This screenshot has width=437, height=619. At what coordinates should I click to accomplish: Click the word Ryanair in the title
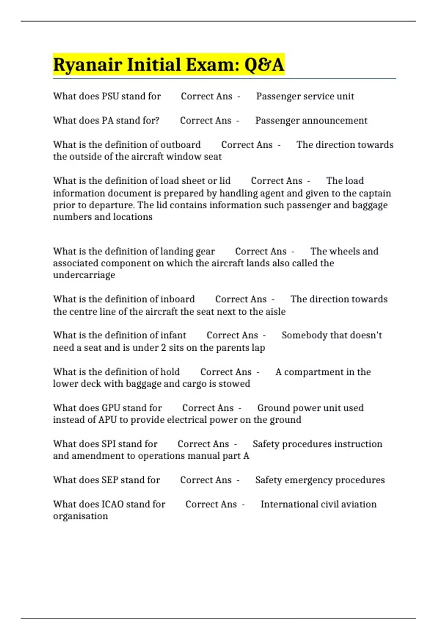tap(87, 65)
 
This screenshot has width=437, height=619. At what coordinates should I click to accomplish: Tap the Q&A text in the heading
tap(264, 65)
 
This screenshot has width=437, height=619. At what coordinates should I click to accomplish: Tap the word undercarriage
tap(84, 275)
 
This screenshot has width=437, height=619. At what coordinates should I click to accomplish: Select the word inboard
tap(178, 299)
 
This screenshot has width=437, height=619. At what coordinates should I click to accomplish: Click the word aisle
tap(275, 311)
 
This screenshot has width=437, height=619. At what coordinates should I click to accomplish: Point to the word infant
tap(173, 335)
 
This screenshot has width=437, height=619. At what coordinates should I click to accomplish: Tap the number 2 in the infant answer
tap(164, 347)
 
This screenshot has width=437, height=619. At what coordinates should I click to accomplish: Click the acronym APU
tap(107, 420)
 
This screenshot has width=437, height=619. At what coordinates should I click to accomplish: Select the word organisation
tap(80, 516)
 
